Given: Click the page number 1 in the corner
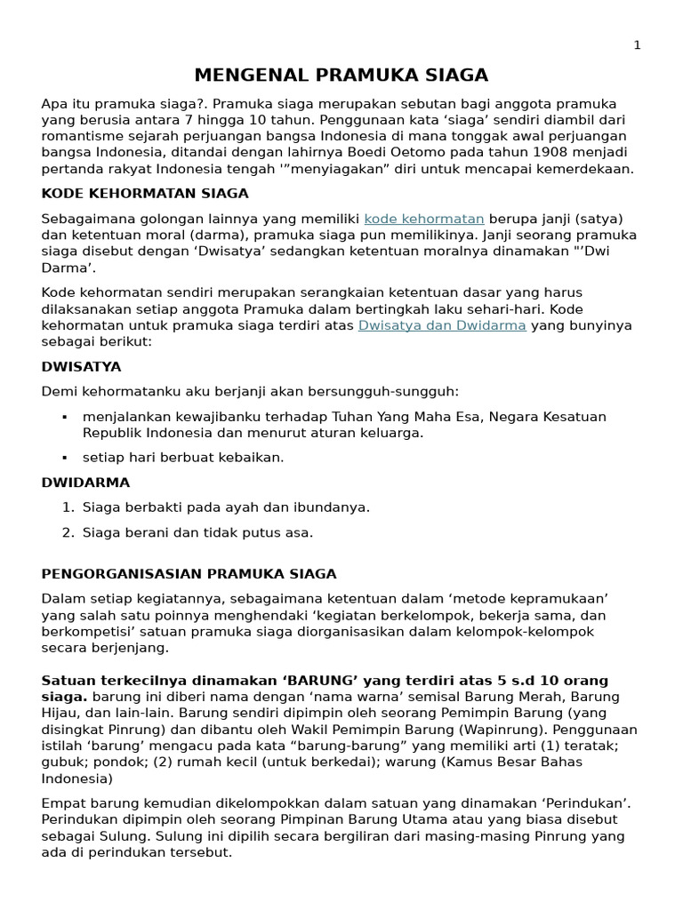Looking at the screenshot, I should pyautogui.click(x=637, y=45).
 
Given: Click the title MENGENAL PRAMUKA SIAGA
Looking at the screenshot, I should pyautogui.click(x=341, y=75).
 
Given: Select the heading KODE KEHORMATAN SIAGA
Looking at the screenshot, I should pyautogui.click(x=145, y=193).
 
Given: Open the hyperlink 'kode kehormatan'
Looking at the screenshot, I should pyautogui.click(x=424, y=219).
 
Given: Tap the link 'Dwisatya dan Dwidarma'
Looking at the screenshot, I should pyautogui.click(x=442, y=325).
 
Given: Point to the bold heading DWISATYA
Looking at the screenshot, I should pyautogui.click(x=82, y=366).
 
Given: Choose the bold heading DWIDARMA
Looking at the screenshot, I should pyautogui.click(x=85, y=483).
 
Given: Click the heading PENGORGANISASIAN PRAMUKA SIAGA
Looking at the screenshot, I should pyautogui.click(x=189, y=574).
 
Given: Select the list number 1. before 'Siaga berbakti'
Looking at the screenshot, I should pyautogui.click(x=68, y=507).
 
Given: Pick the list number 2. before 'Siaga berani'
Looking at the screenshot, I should pyautogui.click(x=68, y=533).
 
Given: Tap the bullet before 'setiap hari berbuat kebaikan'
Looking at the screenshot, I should pyautogui.click(x=65, y=458).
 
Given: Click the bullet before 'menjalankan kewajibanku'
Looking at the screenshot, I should pyautogui.click(x=65, y=417).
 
